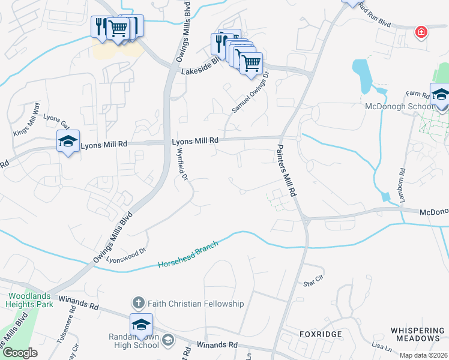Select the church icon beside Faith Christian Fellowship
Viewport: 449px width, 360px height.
[x=138, y=304]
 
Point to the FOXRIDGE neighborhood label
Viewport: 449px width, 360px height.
[x=321, y=334]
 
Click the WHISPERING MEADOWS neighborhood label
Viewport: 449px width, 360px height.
[x=418, y=335]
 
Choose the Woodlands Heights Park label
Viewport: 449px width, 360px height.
[x=31, y=300]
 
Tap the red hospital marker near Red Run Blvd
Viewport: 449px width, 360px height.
[x=421, y=32]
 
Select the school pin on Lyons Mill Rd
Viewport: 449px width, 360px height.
[x=68, y=142]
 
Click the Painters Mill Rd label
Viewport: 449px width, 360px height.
[x=287, y=171]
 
